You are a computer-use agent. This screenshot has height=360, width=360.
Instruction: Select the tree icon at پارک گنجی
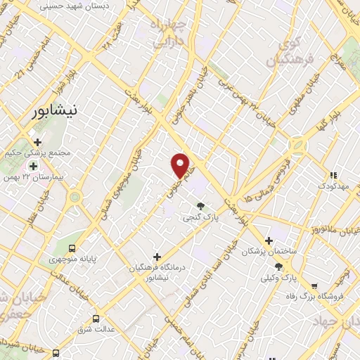click(x=202, y=206)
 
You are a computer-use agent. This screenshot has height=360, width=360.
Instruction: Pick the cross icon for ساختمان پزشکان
click(x=269, y=240)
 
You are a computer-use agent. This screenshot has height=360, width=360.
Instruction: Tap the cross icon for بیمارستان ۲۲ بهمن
click(x=32, y=165)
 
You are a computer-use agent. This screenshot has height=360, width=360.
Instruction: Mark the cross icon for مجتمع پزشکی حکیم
click(x=37, y=142)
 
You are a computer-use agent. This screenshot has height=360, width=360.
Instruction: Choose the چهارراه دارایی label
click(x=166, y=34)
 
